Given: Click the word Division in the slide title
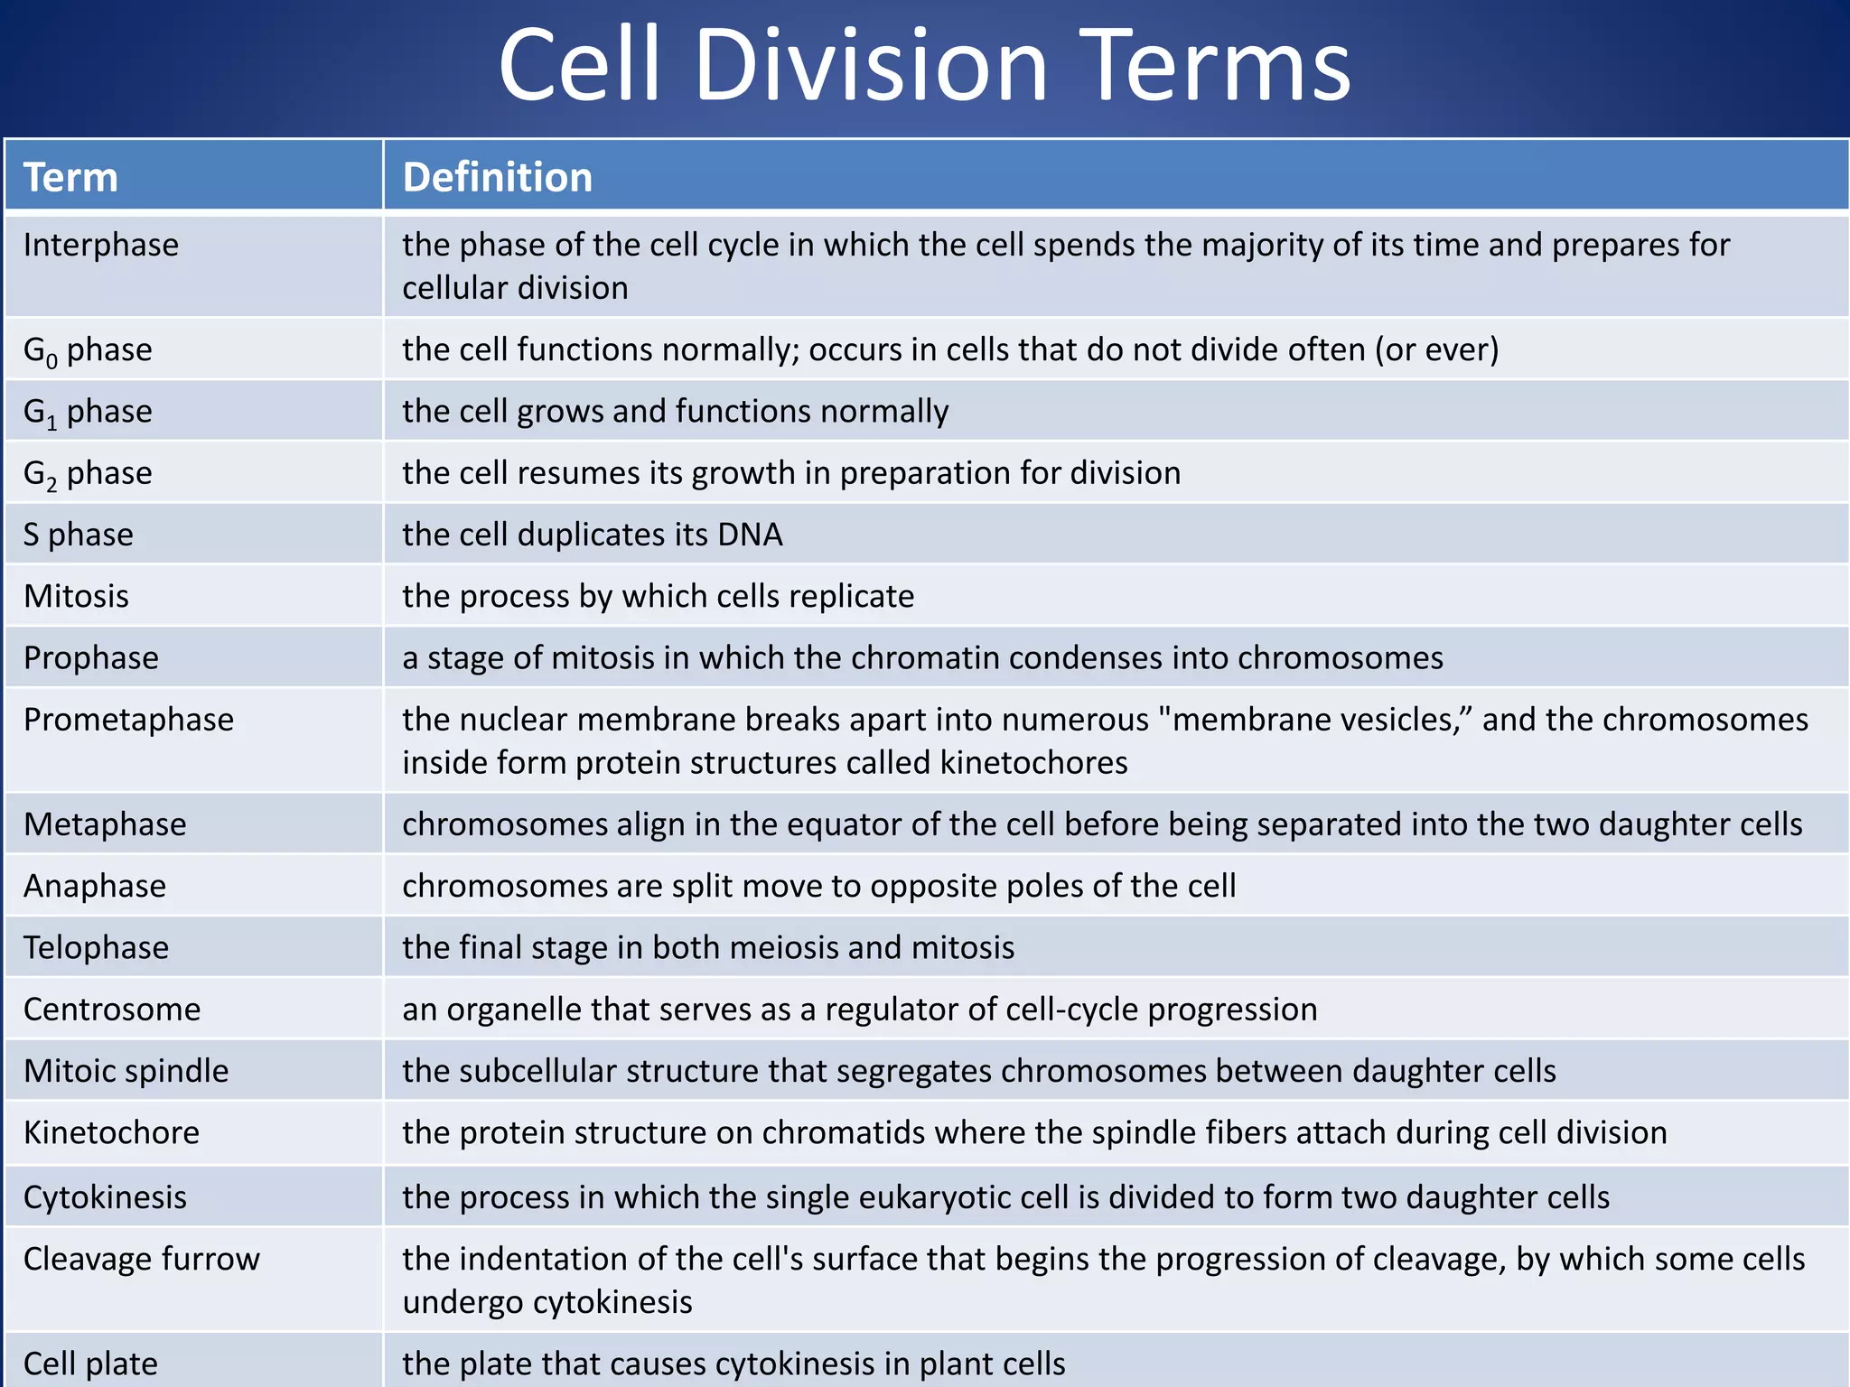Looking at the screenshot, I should coord(871,65).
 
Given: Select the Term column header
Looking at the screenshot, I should coord(70,177).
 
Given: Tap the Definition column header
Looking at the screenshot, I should coord(497,177).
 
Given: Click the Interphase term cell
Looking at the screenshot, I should coord(101,245).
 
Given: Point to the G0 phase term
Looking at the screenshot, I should coord(88,350).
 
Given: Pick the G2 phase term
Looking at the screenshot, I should coord(88,474).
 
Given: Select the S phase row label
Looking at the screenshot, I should coord(79,535).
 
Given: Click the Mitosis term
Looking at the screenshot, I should coord(77,596).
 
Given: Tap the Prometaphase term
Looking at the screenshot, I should coord(128,720).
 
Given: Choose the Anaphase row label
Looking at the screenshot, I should coord(95,886).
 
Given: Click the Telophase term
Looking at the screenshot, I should coord(96,947).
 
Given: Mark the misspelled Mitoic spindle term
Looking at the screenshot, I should coord(126,1071).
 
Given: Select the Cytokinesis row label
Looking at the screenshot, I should coord(105,1197).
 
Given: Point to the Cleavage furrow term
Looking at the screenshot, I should coord(141,1259).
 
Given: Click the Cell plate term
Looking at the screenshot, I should coord(90,1364).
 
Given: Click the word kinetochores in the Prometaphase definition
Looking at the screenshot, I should coord(1033,763).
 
